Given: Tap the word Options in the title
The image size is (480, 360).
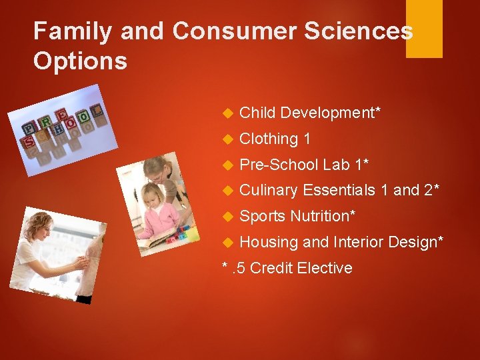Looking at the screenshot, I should (x=80, y=61).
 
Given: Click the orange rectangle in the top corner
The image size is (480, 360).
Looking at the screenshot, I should (x=424, y=28).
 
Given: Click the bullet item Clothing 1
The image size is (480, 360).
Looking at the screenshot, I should (x=275, y=139).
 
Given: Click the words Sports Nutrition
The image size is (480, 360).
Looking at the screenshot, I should (x=297, y=216).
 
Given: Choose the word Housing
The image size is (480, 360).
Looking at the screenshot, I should (x=269, y=242).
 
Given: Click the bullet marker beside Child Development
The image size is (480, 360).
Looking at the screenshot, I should (x=226, y=113).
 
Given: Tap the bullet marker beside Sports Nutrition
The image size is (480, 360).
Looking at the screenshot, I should (x=226, y=217).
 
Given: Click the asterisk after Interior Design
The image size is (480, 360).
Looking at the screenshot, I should (x=440, y=240).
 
